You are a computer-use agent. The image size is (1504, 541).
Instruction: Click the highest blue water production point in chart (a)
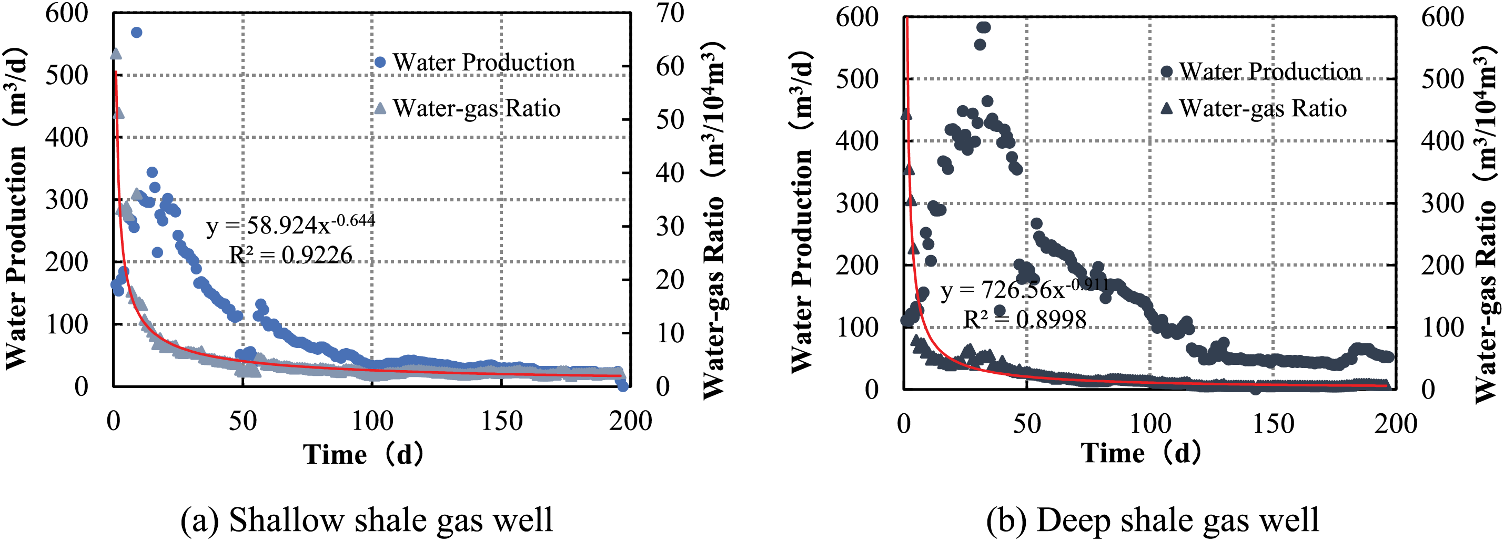click(136, 32)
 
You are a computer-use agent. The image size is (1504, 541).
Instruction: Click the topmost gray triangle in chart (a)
click(116, 54)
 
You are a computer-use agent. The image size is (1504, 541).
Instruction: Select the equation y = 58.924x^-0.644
click(290, 224)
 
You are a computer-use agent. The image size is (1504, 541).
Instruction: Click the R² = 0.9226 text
click(290, 255)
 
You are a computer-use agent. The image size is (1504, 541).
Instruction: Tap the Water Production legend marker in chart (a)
click(380, 62)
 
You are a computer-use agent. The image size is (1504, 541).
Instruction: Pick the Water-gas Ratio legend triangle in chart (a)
click(380, 108)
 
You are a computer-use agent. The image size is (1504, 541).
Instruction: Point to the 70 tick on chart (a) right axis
click(670, 13)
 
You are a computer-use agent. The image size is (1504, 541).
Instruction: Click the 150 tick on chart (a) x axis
click(501, 421)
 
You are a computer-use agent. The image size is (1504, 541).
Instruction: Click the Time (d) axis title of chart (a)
click(363, 455)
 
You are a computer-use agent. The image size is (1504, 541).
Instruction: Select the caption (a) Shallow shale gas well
click(366, 519)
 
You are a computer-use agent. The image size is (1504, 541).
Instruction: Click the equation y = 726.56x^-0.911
click(1024, 289)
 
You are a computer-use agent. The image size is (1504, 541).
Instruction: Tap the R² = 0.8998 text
click(1024, 319)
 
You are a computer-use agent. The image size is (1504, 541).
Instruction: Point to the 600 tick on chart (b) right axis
click(1442, 17)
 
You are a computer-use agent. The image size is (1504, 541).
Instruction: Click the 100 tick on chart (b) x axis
click(1149, 424)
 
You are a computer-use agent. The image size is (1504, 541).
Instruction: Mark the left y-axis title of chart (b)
click(802, 210)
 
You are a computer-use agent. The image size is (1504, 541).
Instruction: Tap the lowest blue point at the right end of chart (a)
click(623, 386)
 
